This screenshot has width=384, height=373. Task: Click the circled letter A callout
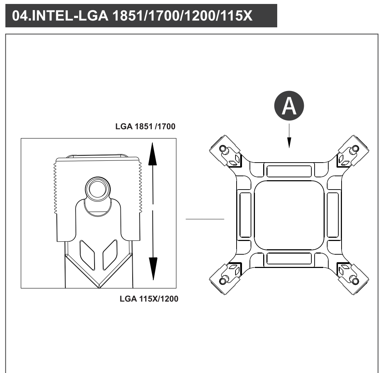coord(289,106)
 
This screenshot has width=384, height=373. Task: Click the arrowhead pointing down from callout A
coord(289,143)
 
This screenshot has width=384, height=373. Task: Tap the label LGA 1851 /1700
coord(145,127)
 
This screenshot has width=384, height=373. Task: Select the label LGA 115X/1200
coord(149,299)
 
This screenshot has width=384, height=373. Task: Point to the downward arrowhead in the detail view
coord(153,269)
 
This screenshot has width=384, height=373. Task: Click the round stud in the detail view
coord(98,189)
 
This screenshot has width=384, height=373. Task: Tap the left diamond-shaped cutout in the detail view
coord(87,255)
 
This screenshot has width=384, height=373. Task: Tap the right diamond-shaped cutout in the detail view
coord(110,255)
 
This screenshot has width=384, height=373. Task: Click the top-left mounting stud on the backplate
coord(223,149)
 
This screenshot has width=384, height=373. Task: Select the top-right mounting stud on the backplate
coord(356,149)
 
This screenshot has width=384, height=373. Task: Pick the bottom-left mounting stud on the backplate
coord(223,281)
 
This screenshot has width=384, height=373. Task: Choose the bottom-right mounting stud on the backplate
coord(356,281)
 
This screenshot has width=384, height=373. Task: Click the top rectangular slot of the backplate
coord(289,171)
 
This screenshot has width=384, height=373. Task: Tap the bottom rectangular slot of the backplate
coord(289,259)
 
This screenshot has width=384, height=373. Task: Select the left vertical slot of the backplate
coord(245,215)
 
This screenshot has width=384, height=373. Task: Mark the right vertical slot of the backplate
coord(333,215)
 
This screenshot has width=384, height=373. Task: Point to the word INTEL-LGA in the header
coord(70,16)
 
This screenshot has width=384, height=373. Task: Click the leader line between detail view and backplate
coord(205,219)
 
